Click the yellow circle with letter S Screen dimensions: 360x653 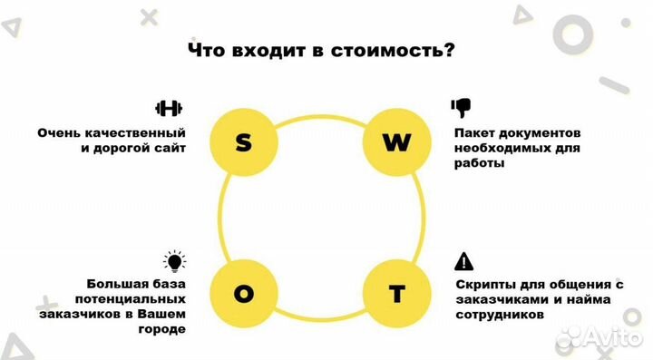point(243,142)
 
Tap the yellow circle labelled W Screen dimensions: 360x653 point(395,142)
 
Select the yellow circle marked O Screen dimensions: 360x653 point(243,294)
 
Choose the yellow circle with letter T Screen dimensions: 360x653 point(395,294)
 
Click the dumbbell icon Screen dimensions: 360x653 point(169,109)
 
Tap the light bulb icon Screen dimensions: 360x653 point(173,262)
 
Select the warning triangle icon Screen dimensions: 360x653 point(463,262)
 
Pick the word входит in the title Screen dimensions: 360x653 point(263,51)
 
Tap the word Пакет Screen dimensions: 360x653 point(476,132)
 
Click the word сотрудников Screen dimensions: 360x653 point(500,316)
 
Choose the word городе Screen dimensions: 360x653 point(163,329)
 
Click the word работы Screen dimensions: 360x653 point(477,164)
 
